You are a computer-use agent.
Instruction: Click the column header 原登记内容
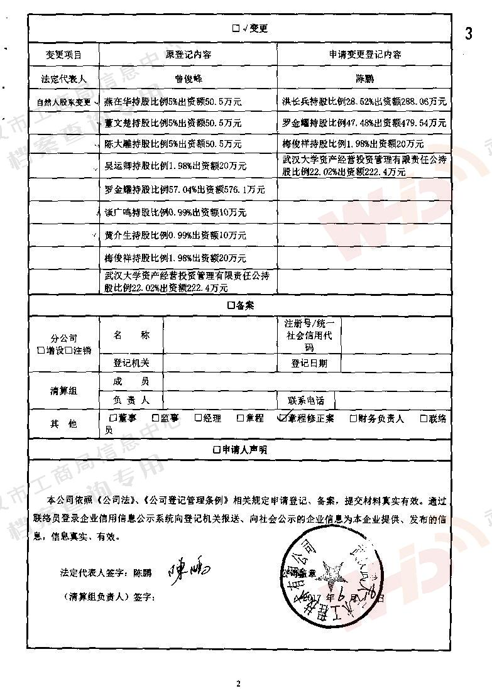(x=189, y=55)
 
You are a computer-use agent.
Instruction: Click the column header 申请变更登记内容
(x=365, y=55)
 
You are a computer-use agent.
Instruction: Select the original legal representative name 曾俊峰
(x=189, y=79)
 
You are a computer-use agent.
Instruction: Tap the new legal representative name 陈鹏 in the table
(x=365, y=79)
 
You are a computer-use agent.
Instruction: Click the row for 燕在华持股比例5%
(x=173, y=101)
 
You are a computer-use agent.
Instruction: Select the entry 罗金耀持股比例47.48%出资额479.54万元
(x=365, y=122)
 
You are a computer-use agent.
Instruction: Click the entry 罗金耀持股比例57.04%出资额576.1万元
(x=184, y=189)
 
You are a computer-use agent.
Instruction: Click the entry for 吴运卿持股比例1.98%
(x=175, y=166)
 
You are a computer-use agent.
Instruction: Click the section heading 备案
(x=239, y=305)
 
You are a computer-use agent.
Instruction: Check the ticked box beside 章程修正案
(x=283, y=418)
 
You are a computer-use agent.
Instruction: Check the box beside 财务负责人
(x=353, y=418)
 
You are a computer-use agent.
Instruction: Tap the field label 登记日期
(x=309, y=363)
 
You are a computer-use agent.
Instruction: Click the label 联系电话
(x=306, y=400)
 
